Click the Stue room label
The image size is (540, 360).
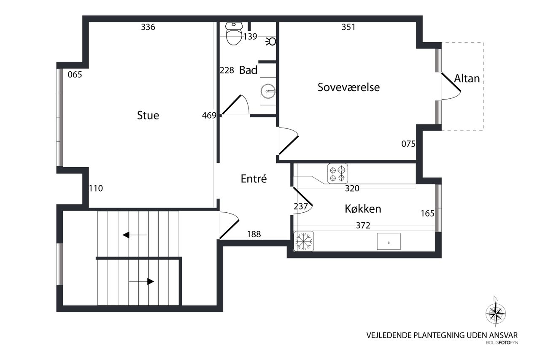(x=148, y=115)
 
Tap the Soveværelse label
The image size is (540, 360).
(x=348, y=87)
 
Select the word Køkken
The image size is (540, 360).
(x=363, y=209)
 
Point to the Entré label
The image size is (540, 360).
(x=254, y=179)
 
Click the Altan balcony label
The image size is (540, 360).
(x=467, y=78)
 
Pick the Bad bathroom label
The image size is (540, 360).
(x=248, y=70)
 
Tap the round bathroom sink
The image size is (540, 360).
(x=268, y=91)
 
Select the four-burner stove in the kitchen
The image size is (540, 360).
(x=337, y=173)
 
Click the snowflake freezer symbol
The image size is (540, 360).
(x=304, y=241)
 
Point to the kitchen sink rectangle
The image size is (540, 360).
(x=389, y=241)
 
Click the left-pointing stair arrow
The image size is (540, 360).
(x=135, y=235)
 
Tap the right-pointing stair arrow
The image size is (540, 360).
(x=142, y=282)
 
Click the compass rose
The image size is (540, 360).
(x=496, y=314)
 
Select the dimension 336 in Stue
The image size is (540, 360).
(x=148, y=27)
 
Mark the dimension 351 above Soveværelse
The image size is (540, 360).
(x=348, y=27)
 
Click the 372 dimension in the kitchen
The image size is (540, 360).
(x=363, y=225)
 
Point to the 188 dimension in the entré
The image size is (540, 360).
(x=254, y=234)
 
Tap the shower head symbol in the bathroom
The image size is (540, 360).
(x=271, y=42)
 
